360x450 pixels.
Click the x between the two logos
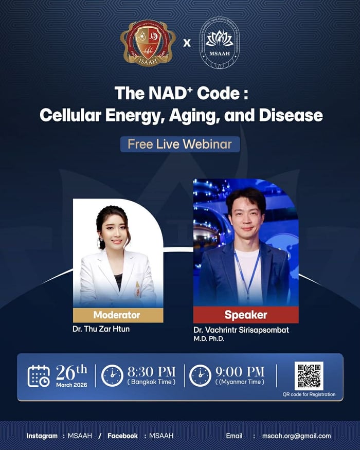coord(187,43)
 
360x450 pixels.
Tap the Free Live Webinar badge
coord(180,144)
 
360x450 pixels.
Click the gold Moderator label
coord(118,315)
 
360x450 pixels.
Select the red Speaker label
coord(246,315)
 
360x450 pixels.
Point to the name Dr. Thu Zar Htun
coord(101,329)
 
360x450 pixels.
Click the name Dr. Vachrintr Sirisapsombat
coord(241,330)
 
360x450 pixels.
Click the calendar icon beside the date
coord(39,376)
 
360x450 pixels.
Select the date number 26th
coord(71,371)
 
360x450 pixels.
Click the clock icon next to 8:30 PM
coord(112,375)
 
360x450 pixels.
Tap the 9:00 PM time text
coord(239,371)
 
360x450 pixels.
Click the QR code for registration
coord(309,376)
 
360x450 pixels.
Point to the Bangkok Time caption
coord(151,382)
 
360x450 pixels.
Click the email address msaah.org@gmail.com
coord(296,436)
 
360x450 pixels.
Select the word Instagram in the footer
coord(42,436)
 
